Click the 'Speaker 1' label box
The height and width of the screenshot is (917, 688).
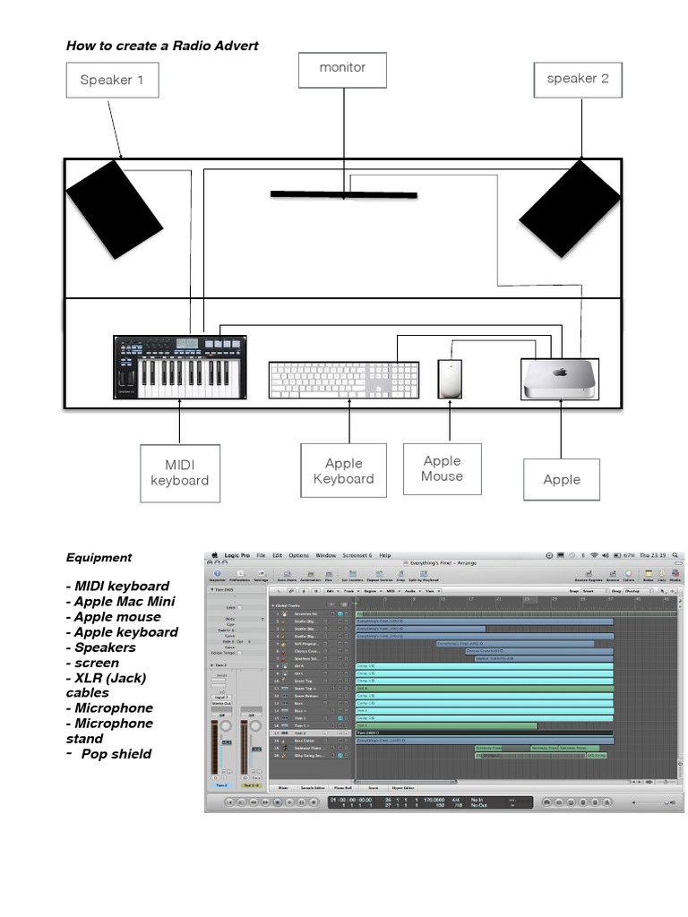click(x=112, y=80)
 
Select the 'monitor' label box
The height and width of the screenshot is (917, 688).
click(x=342, y=68)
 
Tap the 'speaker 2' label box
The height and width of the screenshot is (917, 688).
click(x=578, y=79)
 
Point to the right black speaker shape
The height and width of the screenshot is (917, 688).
click(x=570, y=208)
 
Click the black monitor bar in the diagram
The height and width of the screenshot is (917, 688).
click(x=343, y=193)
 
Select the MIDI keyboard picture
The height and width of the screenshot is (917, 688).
click(x=179, y=367)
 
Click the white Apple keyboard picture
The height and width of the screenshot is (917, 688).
click(x=343, y=380)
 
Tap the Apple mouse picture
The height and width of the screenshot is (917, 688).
click(x=450, y=379)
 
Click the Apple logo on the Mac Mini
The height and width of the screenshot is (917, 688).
click(x=560, y=373)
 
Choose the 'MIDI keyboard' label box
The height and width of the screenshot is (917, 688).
click(x=179, y=472)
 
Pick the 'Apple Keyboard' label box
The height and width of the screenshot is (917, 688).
click(x=343, y=470)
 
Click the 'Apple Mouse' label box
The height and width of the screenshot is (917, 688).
click(x=442, y=468)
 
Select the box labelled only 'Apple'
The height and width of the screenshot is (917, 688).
click(x=562, y=479)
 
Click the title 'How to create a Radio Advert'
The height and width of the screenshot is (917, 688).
click(x=162, y=46)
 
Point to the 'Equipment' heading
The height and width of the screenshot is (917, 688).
click(x=99, y=557)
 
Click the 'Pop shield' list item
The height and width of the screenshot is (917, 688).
click(x=116, y=753)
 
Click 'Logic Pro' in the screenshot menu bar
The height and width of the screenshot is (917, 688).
click(x=237, y=555)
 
